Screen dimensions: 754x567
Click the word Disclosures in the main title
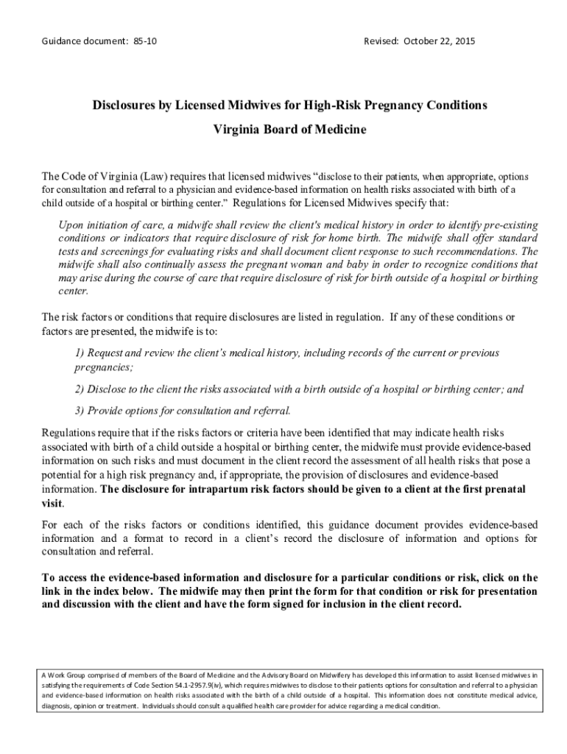pyautogui.click(x=128, y=105)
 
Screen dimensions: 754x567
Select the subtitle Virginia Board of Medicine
pyautogui.click(x=289, y=130)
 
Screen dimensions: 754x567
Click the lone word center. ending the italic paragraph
pyautogui.click(x=73, y=291)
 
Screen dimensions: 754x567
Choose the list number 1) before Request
pyautogui.click(x=81, y=353)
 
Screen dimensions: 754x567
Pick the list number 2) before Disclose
pyautogui.click(x=81, y=389)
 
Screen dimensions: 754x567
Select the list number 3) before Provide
pyautogui.click(x=81, y=410)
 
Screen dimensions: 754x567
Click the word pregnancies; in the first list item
pyautogui.click(x=104, y=366)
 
